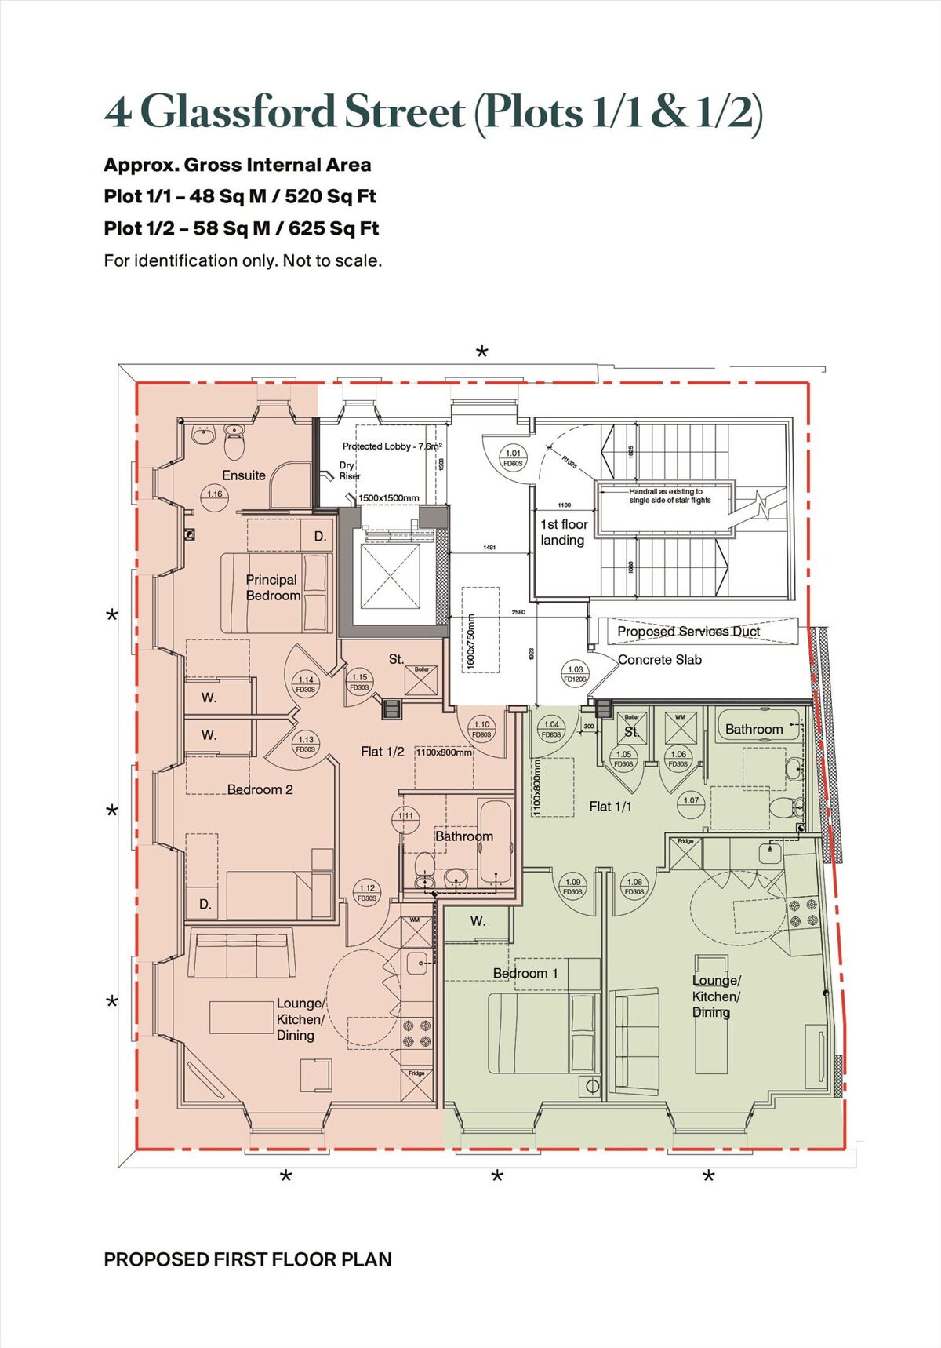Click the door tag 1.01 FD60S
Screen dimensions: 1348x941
(513, 458)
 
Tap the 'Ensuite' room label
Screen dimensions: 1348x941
(243, 475)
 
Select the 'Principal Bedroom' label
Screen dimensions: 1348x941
(272, 588)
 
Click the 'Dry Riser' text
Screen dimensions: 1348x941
(349, 471)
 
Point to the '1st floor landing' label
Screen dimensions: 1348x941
(563, 532)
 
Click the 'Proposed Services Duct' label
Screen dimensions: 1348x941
(688, 632)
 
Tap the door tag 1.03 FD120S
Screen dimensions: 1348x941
(575, 674)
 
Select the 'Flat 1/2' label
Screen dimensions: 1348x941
(382, 752)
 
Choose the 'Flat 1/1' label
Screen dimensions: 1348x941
(610, 807)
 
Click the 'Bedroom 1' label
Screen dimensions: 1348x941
(525, 974)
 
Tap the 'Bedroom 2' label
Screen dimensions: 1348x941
(260, 790)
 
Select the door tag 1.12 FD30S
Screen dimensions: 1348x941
(367, 893)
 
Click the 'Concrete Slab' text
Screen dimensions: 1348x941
(659, 660)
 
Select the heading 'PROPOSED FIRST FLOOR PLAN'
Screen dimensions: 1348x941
(247, 1259)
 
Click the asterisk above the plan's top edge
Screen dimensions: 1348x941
(482, 352)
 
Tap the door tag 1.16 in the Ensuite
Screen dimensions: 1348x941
(214, 494)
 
